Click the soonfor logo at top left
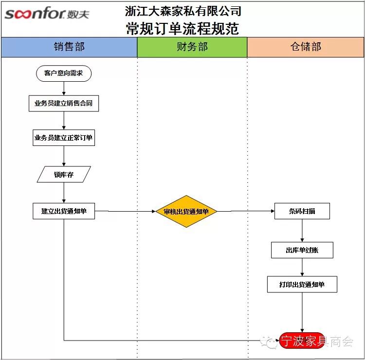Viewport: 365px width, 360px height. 47,13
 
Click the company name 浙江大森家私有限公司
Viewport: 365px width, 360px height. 183,11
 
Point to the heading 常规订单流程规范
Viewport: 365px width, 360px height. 183,28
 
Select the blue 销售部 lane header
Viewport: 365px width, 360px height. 69,47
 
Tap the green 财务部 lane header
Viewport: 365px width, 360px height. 192,47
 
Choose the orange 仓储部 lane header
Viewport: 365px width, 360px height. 306,47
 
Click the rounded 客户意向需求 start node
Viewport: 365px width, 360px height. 64,73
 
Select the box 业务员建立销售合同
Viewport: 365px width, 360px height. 64,104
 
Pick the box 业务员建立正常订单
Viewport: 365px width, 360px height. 64,138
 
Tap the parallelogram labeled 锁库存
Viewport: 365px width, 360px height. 64,174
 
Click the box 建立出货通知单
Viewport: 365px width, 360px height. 64,211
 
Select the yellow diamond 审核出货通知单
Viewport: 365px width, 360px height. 186,212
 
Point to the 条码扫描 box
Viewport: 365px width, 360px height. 302,211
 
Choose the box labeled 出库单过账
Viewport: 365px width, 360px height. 302,250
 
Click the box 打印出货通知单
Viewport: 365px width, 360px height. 302,284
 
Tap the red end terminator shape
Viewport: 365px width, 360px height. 302,341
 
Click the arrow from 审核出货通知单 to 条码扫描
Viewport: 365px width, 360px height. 246,212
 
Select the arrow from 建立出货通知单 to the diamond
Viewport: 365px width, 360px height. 126,212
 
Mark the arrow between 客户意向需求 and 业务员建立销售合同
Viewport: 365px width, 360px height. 64,89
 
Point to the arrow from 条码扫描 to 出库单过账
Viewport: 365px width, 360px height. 302,231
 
